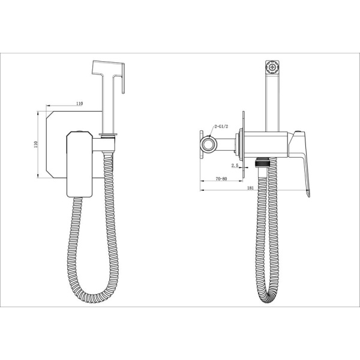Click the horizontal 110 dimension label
tap(79, 104)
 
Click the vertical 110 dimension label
tap(35, 145)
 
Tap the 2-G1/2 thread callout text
tap(221, 127)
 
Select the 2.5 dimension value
tap(235, 166)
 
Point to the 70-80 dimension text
tap(221, 179)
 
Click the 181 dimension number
tap(250, 188)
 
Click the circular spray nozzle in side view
tap(272, 67)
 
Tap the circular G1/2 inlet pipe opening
tap(209, 145)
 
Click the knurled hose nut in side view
tap(262, 163)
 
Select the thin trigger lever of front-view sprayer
tap(123, 78)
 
